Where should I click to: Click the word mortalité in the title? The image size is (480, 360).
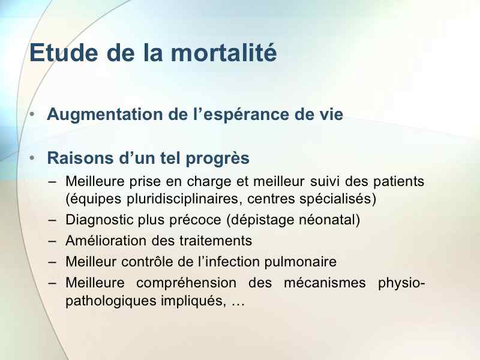pos(224,53)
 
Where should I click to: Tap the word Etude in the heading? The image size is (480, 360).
pos(64,53)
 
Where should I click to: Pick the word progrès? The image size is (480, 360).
pos(218,159)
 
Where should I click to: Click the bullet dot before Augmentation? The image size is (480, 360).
pos(32,114)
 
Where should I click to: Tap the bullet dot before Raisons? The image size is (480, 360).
pos(32,158)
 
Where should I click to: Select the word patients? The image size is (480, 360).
pos(398,182)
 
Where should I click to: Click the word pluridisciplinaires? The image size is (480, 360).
pos(182,199)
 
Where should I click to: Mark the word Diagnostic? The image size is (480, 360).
pos(100,220)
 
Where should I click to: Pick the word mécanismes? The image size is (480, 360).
pos(325,283)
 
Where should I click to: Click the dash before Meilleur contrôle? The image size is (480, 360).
pos(52,262)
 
